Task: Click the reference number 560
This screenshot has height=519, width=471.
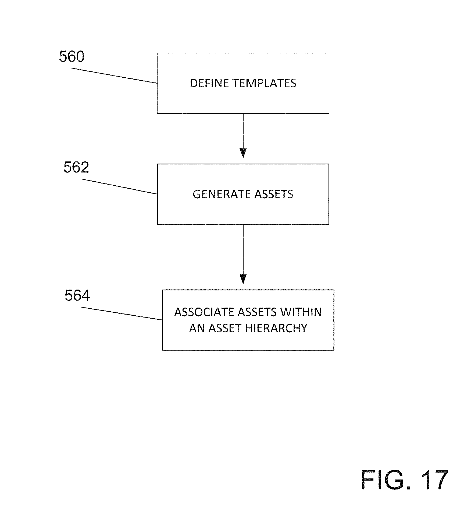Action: [x=72, y=57]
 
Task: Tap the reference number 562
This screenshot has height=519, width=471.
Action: [x=76, y=167]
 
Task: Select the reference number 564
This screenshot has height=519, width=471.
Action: [x=77, y=295]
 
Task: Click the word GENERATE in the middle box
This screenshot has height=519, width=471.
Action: [x=222, y=194]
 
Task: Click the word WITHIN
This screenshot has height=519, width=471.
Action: [x=301, y=312]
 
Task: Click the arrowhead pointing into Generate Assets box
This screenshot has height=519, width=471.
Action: [x=243, y=153]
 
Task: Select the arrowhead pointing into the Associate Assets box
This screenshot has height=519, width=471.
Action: [x=243, y=279]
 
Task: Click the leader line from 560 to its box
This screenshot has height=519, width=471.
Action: [x=115, y=76]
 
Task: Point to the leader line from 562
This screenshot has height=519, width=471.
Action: [x=119, y=186]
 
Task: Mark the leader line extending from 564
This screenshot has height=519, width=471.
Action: [x=122, y=313]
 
